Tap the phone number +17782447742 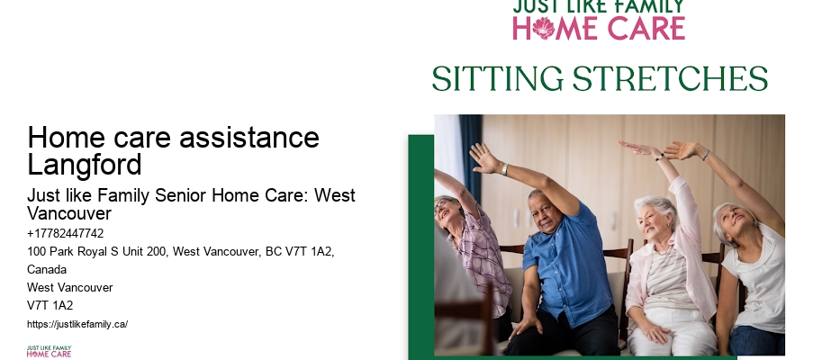pos(66,233)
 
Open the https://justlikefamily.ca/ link pos(77,324)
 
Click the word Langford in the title pos(85,165)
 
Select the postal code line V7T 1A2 pos(50,305)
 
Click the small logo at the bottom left pos(49,351)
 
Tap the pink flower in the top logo pos(544,28)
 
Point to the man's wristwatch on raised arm pos(505,169)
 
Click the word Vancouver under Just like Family pos(69,213)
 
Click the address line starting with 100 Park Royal pos(181,251)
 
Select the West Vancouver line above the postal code pos(70,287)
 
